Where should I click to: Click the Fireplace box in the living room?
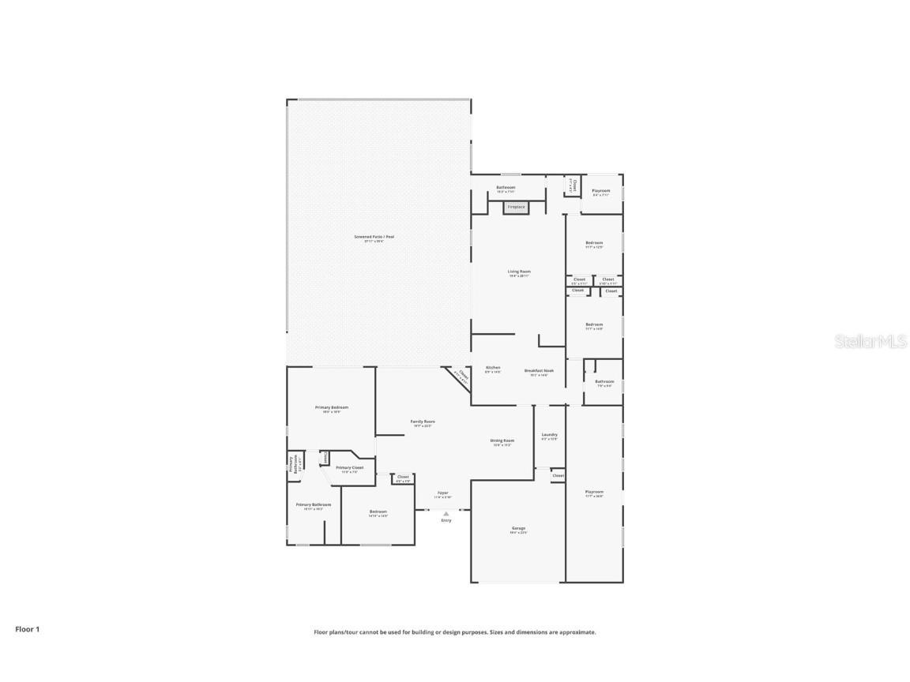click(516, 207)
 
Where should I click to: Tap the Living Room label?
click(519, 272)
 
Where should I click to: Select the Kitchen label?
click(493, 368)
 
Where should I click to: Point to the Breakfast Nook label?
click(539, 371)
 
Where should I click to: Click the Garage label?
click(518, 529)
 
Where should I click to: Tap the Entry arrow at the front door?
click(446, 514)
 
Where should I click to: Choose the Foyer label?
click(443, 493)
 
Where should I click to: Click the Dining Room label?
click(502, 441)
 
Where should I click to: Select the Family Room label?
click(423, 422)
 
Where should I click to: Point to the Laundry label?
click(550, 435)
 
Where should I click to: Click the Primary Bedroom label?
click(332, 408)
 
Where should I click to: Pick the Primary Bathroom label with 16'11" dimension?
click(314, 505)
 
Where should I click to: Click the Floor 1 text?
click(27, 629)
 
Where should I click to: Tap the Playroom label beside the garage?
click(594, 493)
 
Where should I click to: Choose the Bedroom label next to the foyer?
click(378, 512)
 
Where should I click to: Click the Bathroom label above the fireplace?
click(506, 188)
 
